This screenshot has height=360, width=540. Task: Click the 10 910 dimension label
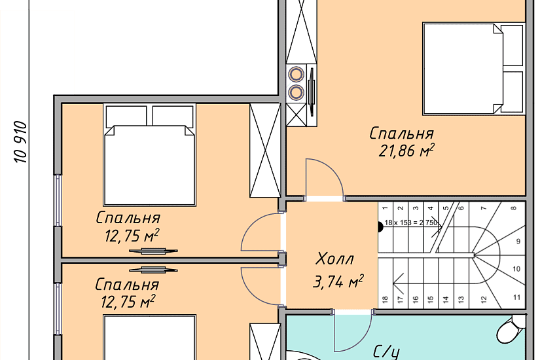[20, 141]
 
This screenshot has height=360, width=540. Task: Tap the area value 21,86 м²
[406, 151]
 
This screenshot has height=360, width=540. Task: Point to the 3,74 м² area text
[338, 281]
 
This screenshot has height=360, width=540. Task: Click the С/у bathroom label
[386, 352]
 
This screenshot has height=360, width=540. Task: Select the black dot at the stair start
[380, 227]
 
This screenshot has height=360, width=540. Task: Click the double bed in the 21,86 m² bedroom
[473, 69]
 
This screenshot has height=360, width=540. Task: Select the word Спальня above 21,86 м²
[401, 134]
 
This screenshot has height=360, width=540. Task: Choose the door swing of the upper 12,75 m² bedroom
[260, 232]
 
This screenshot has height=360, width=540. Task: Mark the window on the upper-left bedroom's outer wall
[58, 200]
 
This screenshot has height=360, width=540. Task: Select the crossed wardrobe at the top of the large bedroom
[301, 31]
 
